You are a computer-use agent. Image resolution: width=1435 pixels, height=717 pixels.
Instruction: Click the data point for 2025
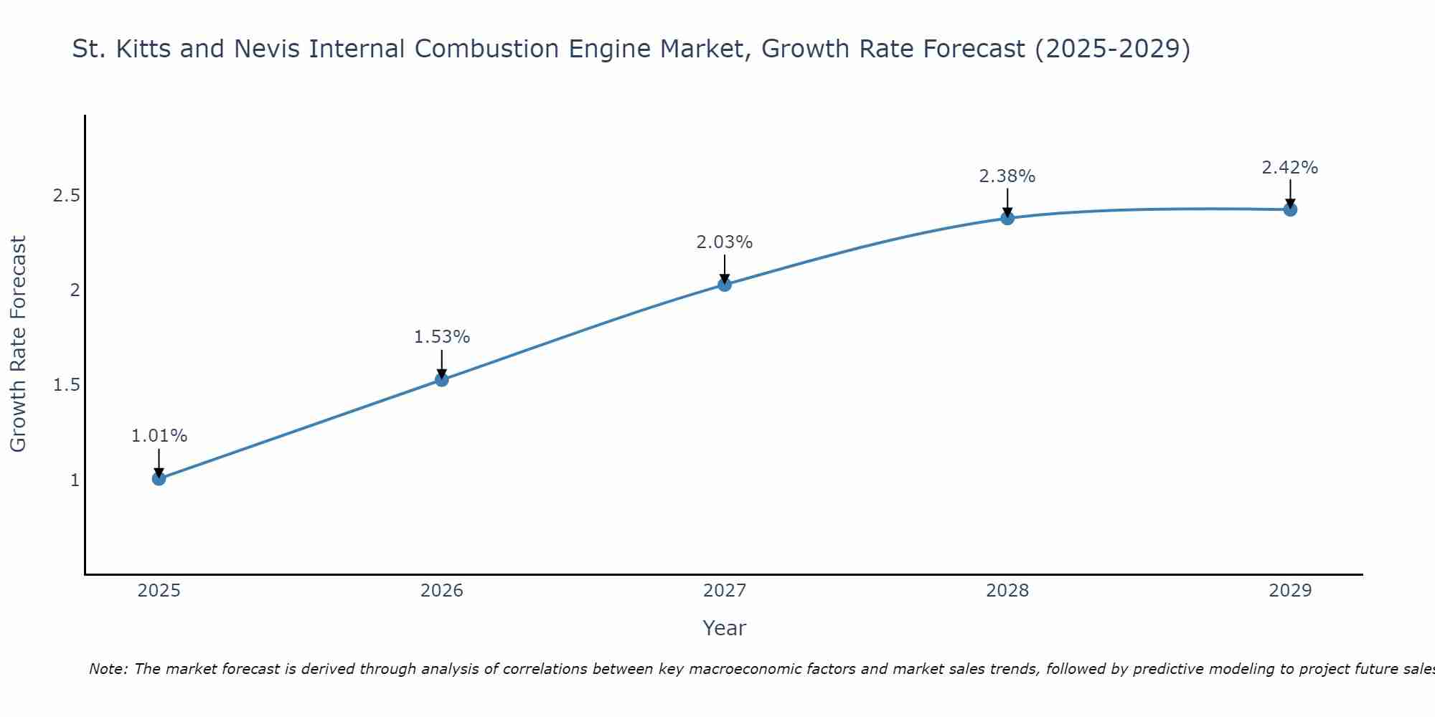[x=159, y=478]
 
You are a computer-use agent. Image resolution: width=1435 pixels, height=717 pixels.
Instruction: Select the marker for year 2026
[x=442, y=379]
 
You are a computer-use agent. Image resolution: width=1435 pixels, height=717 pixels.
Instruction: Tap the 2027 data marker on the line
[x=725, y=285]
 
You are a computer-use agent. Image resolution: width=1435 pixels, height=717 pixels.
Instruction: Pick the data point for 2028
[x=1007, y=218]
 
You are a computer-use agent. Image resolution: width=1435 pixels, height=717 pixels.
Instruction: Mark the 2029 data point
[x=1290, y=209]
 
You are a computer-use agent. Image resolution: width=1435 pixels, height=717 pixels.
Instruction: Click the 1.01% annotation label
[x=159, y=436]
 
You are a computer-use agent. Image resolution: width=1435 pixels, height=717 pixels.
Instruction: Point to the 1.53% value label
[x=442, y=337]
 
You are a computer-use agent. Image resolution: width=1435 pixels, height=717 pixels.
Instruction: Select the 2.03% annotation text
[x=725, y=242]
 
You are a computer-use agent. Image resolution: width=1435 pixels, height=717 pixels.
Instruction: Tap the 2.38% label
[x=1007, y=176]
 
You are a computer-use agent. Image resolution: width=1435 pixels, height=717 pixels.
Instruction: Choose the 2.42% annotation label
[x=1290, y=168]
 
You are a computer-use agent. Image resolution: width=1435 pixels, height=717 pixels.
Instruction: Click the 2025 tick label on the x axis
[x=159, y=591]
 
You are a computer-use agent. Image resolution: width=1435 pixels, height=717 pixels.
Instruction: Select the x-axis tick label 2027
[x=725, y=591]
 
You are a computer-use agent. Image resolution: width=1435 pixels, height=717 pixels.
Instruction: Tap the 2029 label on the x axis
[x=1290, y=591]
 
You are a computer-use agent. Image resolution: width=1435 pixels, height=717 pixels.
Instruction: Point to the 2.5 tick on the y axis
[x=66, y=196]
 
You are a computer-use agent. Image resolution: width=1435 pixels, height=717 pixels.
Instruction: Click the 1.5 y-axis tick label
[x=66, y=385]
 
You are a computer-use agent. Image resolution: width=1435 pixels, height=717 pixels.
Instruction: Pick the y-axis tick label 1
[x=75, y=480]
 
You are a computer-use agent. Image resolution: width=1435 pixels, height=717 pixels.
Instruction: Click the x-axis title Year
[x=725, y=628]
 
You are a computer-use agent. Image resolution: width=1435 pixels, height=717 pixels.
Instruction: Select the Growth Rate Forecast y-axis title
[x=18, y=344]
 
